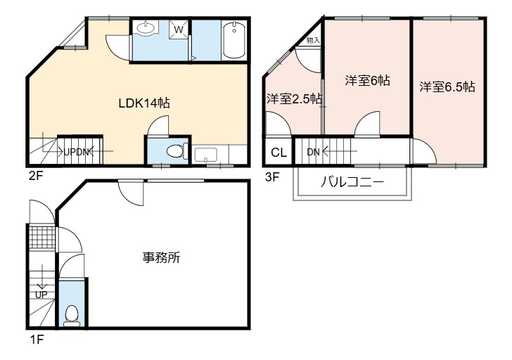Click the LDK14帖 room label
(144, 103)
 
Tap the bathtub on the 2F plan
(234, 40)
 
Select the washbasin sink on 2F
(146, 28)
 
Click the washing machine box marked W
(179, 30)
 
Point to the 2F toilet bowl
(177, 151)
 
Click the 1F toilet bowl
(71, 316)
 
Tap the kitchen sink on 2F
(205, 155)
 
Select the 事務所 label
(161, 258)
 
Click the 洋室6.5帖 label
(447, 86)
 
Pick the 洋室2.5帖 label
(295, 98)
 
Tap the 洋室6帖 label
(367, 80)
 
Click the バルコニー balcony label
(352, 182)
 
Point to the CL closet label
(279, 152)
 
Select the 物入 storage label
(313, 41)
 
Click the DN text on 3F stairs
(313, 152)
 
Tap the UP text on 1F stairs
(41, 295)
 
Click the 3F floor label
(272, 177)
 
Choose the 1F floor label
(37, 340)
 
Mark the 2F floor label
(36, 176)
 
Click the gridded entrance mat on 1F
(41, 237)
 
